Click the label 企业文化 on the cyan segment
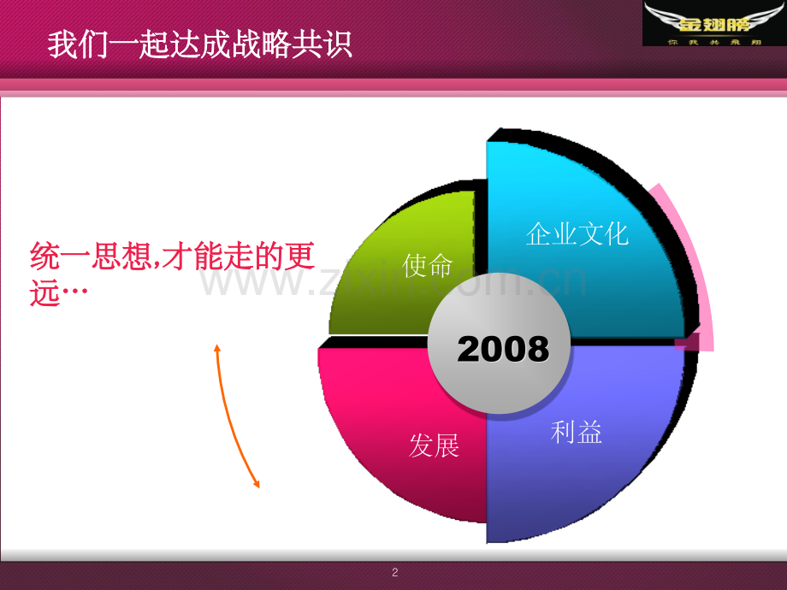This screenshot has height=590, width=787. point(577,233)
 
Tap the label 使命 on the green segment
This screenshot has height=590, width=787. point(428,266)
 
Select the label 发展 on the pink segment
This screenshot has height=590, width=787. point(435,445)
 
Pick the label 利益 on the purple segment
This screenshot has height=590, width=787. point(577,433)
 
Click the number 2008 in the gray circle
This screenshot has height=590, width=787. point(503,350)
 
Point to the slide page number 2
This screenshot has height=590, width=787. point(394,573)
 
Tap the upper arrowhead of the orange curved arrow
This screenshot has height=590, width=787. point(217,348)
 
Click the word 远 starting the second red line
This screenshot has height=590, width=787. point(44,294)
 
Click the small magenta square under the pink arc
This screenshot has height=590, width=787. point(682,343)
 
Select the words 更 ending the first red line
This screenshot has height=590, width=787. point(300,257)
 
